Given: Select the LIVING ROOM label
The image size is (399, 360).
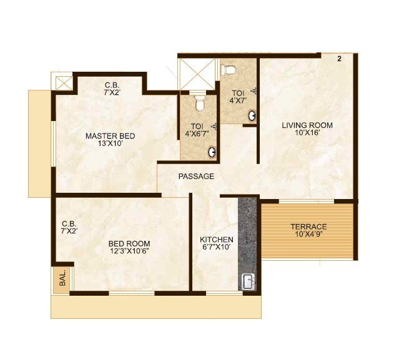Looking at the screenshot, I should tap(307, 125).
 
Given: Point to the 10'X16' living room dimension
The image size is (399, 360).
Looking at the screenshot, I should tap(307, 134).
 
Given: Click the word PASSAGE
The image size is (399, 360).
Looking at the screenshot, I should tap(196, 177).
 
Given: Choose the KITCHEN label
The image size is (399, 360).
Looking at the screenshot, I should tap(216, 240).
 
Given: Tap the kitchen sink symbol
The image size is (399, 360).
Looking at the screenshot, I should tap(248, 281).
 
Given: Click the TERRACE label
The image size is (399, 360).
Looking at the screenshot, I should tap(308, 226).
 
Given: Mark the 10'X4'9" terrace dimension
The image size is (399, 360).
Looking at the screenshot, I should tap(308, 235).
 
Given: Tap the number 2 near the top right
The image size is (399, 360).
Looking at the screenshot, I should tap(339, 59).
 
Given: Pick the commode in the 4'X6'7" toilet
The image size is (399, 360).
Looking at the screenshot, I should tap(199, 101).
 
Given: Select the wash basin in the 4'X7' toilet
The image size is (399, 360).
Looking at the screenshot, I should tap(252, 115).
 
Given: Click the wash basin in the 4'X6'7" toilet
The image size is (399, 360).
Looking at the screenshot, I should tap(213, 150).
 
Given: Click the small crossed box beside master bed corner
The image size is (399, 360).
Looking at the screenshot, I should tap(63, 82).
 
